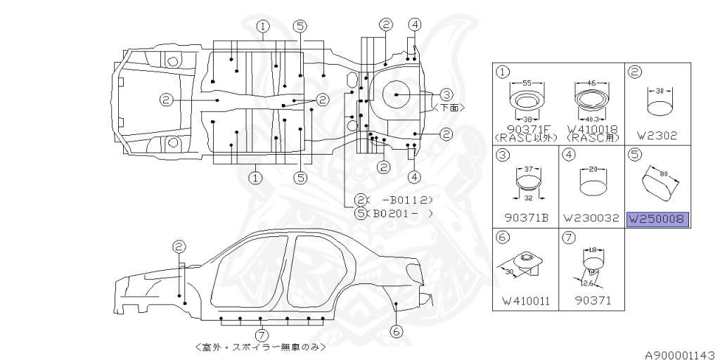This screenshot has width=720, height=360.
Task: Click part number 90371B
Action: [526, 217]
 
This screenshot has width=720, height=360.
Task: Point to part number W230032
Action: [591, 217]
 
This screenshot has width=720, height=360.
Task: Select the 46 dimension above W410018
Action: [591, 82]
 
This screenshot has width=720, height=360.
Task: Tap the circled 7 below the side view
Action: [262, 335]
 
